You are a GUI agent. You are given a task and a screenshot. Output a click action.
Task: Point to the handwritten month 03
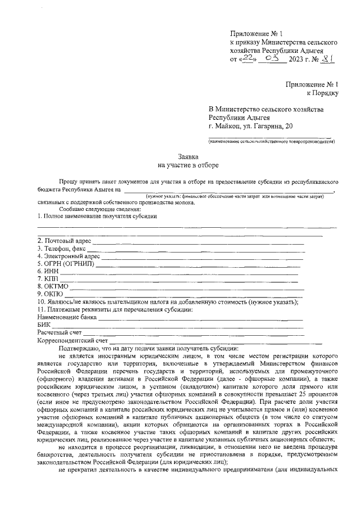point(273,58)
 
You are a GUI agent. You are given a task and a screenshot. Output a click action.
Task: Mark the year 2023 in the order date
point(299,58)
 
